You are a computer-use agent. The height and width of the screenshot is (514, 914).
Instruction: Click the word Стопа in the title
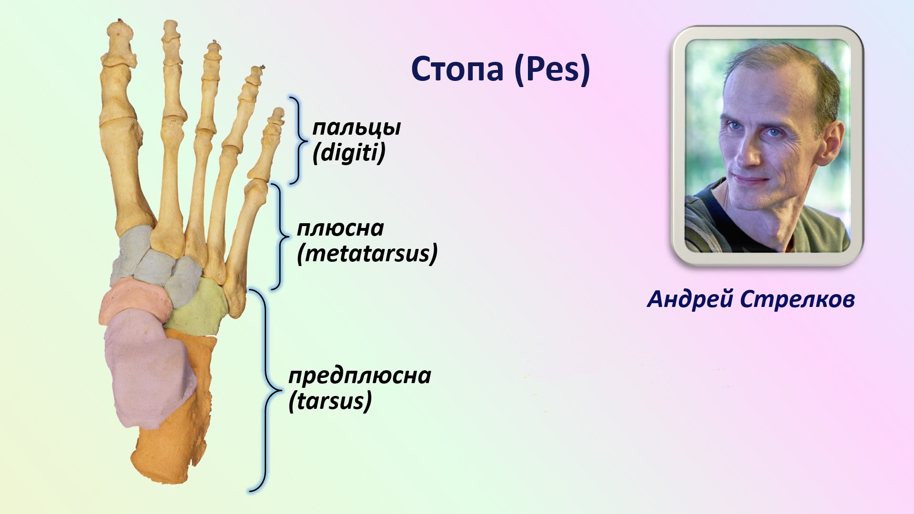pos(457,69)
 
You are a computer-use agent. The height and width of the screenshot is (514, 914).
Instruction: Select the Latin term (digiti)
pos(349,153)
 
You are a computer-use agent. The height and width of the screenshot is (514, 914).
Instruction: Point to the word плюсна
pos(340,229)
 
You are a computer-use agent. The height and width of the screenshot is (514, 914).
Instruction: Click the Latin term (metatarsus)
pos(367,253)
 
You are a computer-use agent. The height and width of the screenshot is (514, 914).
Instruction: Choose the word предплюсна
pos(360,376)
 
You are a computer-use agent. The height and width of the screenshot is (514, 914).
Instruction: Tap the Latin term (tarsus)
pos(330,401)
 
